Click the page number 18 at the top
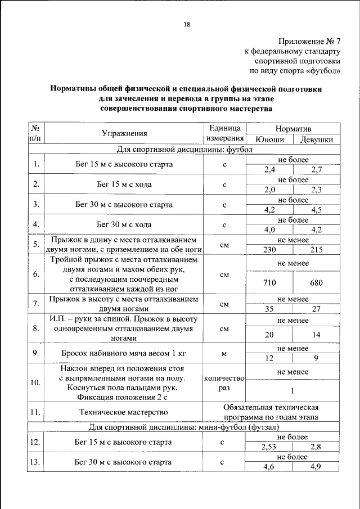click(x=187, y=24)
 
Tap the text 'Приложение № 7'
click(x=310, y=42)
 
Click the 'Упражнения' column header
click(x=124, y=134)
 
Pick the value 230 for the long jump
click(x=269, y=250)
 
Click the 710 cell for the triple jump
click(x=269, y=283)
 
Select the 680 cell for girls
click(x=316, y=283)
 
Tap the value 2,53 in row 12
click(x=269, y=447)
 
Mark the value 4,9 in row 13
click(x=316, y=467)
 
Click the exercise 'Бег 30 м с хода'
click(x=124, y=224)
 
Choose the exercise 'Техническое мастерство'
click(x=124, y=412)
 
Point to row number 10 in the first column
click(x=35, y=382)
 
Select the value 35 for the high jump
click(x=269, y=309)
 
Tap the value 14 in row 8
click(x=316, y=335)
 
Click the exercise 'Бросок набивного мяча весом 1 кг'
click(x=124, y=353)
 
